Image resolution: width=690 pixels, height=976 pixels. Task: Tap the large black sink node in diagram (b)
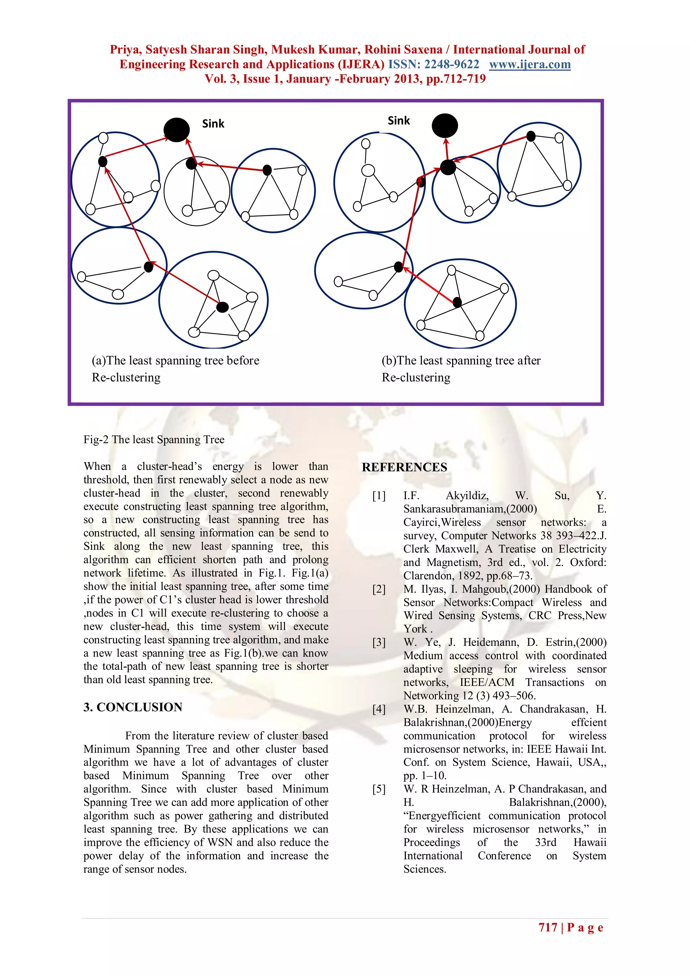coord(445,125)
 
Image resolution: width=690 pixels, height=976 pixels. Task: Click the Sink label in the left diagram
coord(213,124)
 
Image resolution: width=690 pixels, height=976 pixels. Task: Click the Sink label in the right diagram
coord(399,121)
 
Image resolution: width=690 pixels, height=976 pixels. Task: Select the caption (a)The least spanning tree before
coord(176,360)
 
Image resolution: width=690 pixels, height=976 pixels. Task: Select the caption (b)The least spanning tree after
coord(461,360)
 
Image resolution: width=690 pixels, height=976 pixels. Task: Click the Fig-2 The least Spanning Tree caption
coord(154,440)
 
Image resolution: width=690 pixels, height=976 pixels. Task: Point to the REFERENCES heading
coord(404,467)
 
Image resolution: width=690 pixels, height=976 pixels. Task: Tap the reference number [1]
coord(379,496)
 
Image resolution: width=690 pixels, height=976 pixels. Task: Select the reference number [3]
coord(379,642)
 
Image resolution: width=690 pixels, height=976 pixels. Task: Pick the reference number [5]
coord(379,789)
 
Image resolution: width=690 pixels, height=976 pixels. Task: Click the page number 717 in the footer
coord(548,927)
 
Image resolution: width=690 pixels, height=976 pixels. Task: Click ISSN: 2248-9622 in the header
coord(433,65)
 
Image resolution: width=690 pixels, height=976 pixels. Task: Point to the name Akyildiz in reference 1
coord(467,496)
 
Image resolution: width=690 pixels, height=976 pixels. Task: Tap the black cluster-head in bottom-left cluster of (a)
coord(148,267)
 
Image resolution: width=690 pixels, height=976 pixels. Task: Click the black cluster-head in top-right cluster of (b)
coord(531,136)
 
